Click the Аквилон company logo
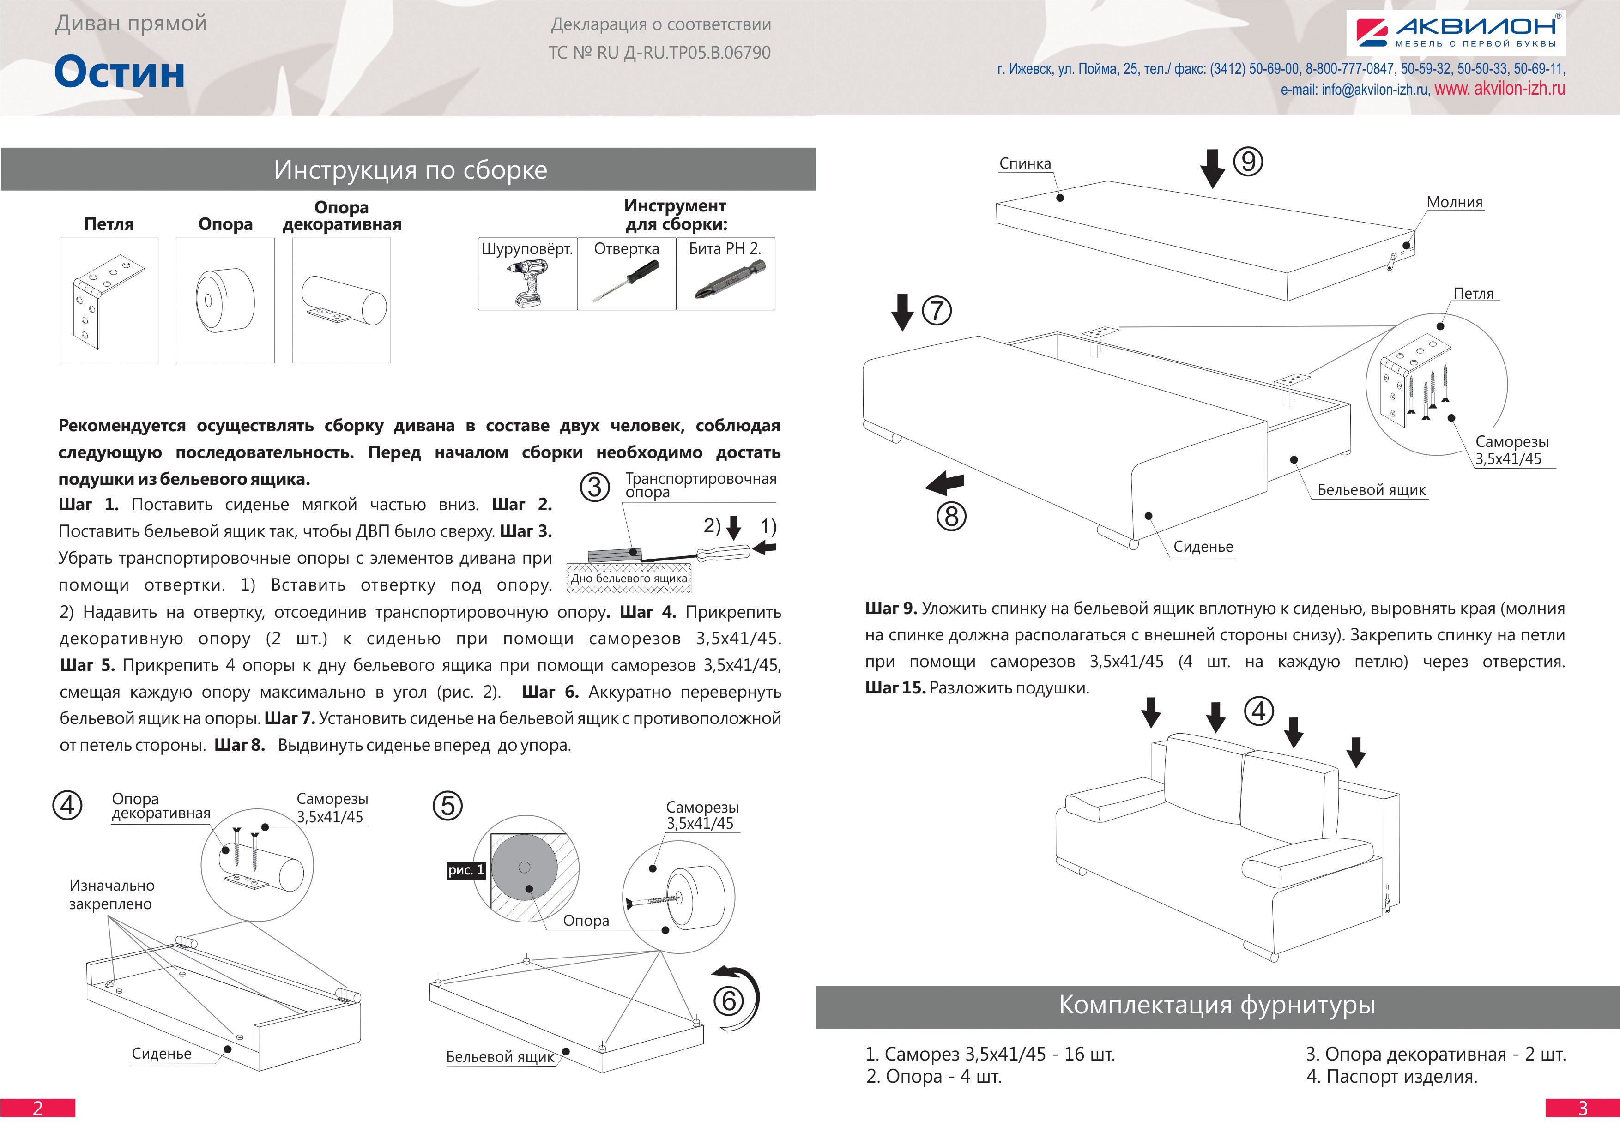[x=1454, y=32]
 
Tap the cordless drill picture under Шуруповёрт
[x=526, y=282]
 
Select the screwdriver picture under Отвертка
[x=626, y=280]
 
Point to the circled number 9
[x=1247, y=162]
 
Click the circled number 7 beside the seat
[x=936, y=310]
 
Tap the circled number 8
[x=951, y=517]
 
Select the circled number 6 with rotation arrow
[x=729, y=1000]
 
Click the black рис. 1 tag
[x=465, y=870]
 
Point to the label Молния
[x=1454, y=203]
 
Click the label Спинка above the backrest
[x=1024, y=164]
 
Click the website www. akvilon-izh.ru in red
[x=1499, y=89]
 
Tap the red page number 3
[x=1583, y=1108]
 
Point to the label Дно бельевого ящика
[x=629, y=579]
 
